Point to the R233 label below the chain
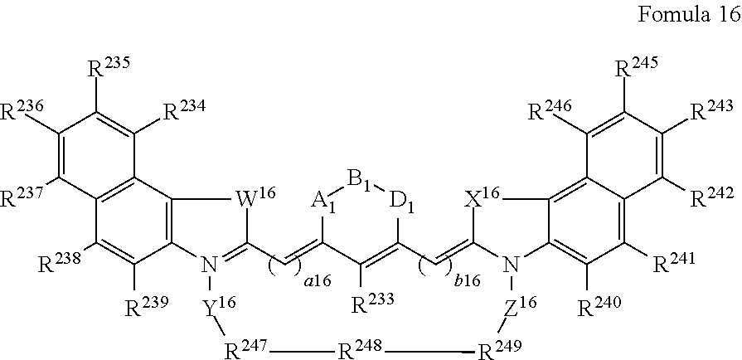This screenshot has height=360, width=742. pyautogui.click(x=373, y=304)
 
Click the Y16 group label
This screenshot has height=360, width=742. pyautogui.click(x=218, y=309)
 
